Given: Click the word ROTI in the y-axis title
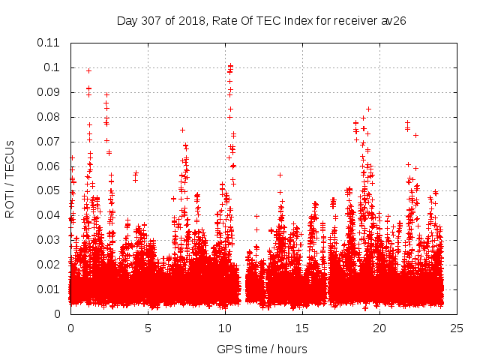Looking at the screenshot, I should [x=10, y=205].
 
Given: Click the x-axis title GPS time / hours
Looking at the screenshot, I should [x=262, y=349].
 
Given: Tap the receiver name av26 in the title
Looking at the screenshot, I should [x=394, y=20].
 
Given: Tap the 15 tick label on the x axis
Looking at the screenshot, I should [x=302, y=328].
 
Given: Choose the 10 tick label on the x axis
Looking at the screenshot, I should [x=225, y=328].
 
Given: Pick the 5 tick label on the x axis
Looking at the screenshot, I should [x=148, y=328].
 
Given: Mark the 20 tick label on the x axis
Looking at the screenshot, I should [x=379, y=328].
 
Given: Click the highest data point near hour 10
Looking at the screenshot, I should [x=230, y=65].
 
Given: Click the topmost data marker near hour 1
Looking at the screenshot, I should [x=88, y=70].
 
